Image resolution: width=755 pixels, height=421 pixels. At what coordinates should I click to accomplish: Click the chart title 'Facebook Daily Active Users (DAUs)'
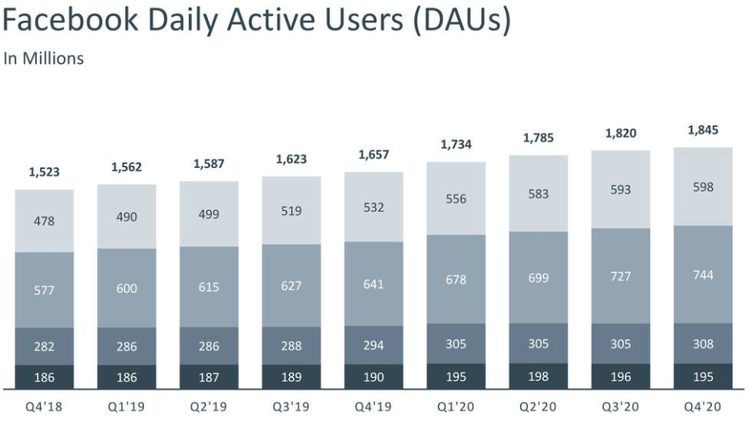[x=256, y=22]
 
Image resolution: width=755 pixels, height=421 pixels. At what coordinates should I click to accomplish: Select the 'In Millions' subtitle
[x=43, y=58]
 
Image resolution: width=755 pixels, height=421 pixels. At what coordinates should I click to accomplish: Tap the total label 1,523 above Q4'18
[x=44, y=172]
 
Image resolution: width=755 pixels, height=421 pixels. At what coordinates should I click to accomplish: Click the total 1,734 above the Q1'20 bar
[x=456, y=145]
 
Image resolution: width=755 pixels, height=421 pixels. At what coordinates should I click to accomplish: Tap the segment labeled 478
[x=44, y=220]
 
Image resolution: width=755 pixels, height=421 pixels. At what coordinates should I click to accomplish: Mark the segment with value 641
[x=374, y=285]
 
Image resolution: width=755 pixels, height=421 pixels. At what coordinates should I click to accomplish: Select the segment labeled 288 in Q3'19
[x=292, y=346]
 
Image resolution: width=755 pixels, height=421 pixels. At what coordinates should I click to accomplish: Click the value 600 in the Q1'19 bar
[x=126, y=288]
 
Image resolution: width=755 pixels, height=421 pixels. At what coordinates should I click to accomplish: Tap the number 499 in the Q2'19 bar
[x=210, y=214]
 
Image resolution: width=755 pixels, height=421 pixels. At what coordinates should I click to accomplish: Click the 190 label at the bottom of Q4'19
[x=374, y=377]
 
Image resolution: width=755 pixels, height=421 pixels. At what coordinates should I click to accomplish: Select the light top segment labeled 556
[x=456, y=198]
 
